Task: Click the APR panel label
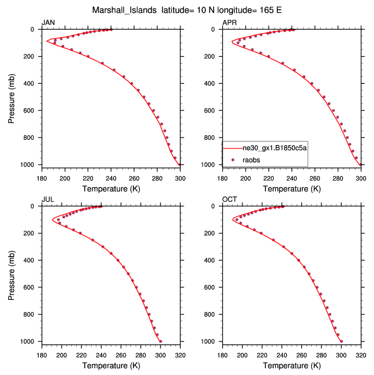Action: click(x=229, y=23)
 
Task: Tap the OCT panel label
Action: click(x=229, y=199)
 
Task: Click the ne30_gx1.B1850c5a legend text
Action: click(x=274, y=148)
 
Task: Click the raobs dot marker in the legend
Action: click(x=233, y=159)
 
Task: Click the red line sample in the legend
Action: click(x=233, y=148)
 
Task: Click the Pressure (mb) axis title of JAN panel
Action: click(x=12, y=97)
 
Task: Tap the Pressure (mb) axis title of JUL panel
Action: click(x=12, y=274)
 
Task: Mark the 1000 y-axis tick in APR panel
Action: click(x=211, y=165)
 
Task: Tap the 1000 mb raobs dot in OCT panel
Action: click(x=342, y=341)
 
